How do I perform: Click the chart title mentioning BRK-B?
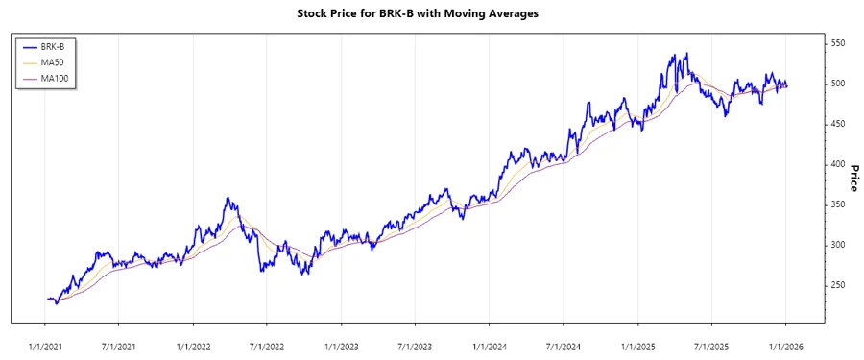[x=431, y=13]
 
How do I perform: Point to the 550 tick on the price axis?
[x=838, y=44]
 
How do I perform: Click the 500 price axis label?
[x=838, y=84]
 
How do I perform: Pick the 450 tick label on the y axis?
[x=838, y=124]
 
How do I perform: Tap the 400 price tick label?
[x=838, y=164]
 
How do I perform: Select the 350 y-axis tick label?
[x=838, y=204]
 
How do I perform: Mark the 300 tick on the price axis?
[x=838, y=245]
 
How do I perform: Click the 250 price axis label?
[x=838, y=285]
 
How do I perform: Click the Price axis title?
[x=853, y=177]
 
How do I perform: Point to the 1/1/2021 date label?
[x=44, y=346]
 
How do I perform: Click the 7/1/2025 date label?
[x=711, y=346]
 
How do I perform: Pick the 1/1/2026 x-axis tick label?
[x=786, y=346]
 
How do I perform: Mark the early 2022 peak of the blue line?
[x=227, y=198]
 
